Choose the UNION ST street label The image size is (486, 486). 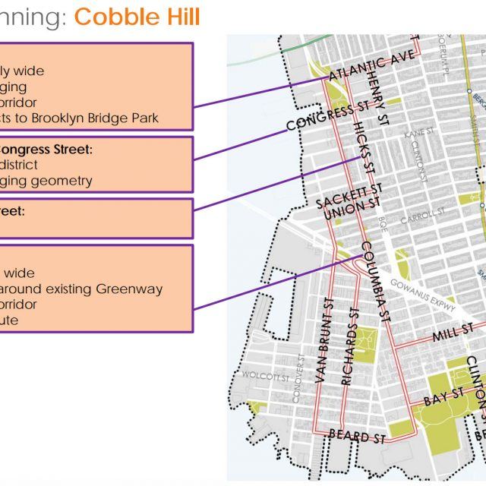point(350,209)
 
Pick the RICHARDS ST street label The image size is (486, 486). point(350,346)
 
